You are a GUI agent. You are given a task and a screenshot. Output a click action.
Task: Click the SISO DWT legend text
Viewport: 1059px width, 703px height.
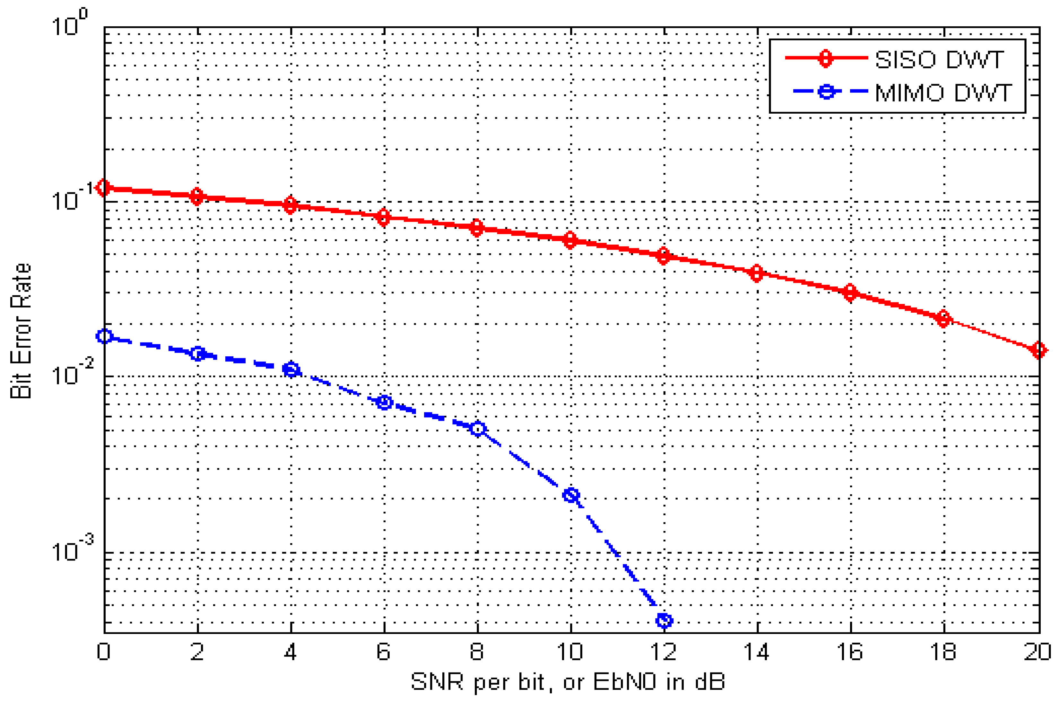(x=939, y=60)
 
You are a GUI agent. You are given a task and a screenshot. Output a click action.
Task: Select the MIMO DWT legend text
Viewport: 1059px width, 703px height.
(x=943, y=93)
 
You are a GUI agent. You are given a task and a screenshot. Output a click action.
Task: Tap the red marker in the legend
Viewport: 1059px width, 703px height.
(x=825, y=58)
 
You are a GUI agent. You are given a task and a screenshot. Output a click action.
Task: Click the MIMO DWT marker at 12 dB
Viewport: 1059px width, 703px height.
(x=664, y=621)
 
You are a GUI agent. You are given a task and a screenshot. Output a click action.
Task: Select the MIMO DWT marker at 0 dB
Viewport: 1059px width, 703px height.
(x=104, y=336)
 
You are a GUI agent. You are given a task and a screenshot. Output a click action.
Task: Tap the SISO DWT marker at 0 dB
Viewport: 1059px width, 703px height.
(x=104, y=187)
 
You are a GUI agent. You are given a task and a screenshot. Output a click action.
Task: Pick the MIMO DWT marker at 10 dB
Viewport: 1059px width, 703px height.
(x=571, y=495)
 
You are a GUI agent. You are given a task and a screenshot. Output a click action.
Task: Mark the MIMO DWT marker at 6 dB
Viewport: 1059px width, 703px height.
(x=384, y=402)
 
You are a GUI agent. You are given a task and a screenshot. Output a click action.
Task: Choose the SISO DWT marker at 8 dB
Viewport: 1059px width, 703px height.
(x=477, y=228)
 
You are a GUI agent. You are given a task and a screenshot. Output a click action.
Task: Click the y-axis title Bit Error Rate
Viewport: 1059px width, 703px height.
(x=21, y=331)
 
